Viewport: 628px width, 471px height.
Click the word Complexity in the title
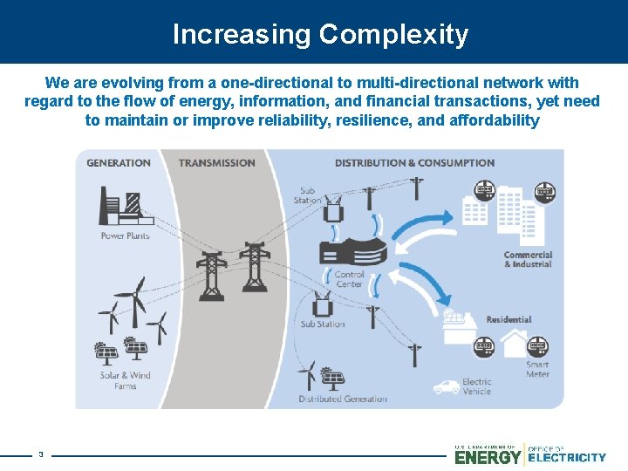tap(393, 35)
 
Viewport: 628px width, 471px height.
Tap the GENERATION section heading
tap(119, 163)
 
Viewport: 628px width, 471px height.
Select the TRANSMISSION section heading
tap(217, 163)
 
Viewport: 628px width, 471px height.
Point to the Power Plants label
tap(125, 235)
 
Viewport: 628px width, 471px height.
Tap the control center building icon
tap(352, 250)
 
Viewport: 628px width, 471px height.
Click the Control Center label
tap(350, 279)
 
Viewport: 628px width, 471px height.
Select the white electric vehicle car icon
tap(447, 386)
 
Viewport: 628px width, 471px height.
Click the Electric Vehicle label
tap(477, 386)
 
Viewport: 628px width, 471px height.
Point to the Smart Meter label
tap(537, 369)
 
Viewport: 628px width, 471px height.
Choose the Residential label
tap(509, 320)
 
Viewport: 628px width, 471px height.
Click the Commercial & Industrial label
tap(528, 259)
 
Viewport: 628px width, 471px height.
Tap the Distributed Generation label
tap(343, 399)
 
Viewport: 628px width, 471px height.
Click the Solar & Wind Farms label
tap(125, 380)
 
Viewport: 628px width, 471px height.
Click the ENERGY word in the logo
tap(488, 457)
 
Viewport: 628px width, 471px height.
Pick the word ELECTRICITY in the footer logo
tap(568, 457)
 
